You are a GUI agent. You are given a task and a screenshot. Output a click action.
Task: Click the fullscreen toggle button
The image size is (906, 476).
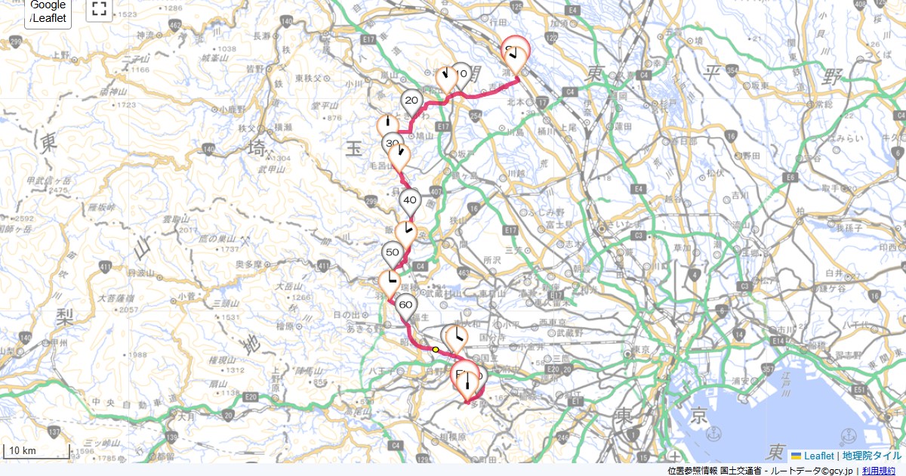pyautogui.click(x=98, y=9)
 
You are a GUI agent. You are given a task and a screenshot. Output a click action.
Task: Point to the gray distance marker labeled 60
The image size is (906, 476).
pyautogui.click(x=405, y=306)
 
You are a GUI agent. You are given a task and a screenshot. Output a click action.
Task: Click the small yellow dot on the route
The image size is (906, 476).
pyautogui.click(x=436, y=350)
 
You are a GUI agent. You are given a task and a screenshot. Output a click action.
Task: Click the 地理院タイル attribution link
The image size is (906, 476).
pyautogui.click(x=872, y=456)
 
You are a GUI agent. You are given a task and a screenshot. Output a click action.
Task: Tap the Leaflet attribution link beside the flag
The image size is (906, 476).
pyautogui.click(x=818, y=456)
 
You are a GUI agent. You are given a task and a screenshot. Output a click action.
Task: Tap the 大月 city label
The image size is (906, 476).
pyautogui.click(x=186, y=416)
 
